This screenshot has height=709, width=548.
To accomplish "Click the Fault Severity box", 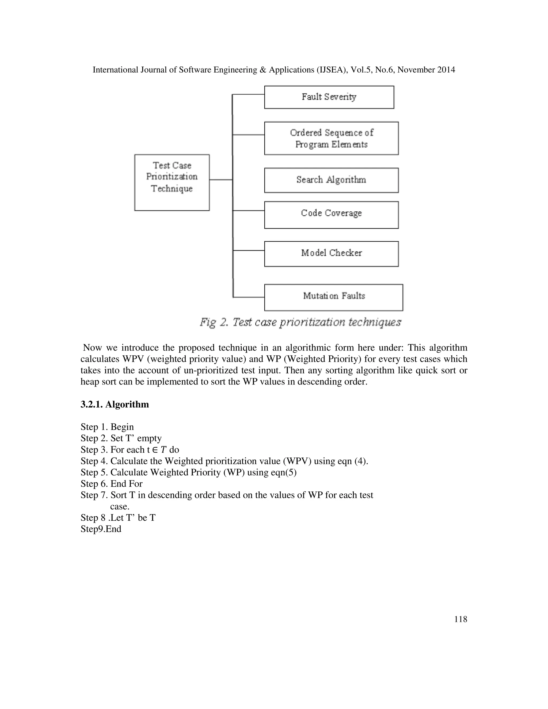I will (329, 97).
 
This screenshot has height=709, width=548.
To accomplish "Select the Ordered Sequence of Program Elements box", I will (331, 138).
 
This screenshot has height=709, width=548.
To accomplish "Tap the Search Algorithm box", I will (331, 180).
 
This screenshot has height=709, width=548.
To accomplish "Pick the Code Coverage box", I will (331, 215).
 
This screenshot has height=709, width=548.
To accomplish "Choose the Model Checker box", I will (331, 254).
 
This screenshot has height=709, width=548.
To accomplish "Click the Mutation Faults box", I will (333, 297).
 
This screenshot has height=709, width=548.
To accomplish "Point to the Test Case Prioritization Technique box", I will (172, 182).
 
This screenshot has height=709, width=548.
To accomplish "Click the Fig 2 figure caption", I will (300, 322).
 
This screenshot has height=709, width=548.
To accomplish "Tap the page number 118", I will (460, 619).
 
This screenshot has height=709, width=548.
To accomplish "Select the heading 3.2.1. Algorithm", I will (115, 405).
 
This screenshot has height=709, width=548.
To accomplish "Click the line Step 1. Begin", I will (107, 427).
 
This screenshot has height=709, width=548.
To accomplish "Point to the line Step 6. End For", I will (111, 484).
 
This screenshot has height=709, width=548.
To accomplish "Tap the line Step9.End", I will (101, 529).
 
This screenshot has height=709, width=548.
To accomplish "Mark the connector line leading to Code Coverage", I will (249, 211).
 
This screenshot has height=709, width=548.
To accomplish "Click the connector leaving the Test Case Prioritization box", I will (221, 180).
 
